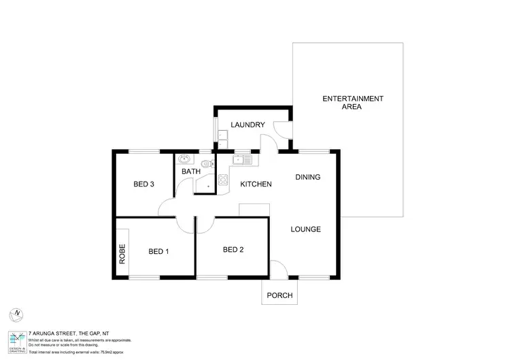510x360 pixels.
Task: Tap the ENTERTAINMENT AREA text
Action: [352, 103]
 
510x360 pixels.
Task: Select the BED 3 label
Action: [143, 184]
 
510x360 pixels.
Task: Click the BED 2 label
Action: [233, 250]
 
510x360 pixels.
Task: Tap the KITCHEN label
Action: [256, 184]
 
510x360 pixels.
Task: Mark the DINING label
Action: [307, 178]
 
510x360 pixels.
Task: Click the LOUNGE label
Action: [306, 229]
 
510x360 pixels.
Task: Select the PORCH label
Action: [280, 295]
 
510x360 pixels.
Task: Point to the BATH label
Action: [190, 171]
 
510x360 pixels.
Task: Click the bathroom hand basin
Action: [184, 160]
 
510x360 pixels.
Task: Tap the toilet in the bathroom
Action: [206, 162]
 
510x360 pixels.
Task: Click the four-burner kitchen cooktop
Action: [222, 180]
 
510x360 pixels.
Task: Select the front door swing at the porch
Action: [278, 269]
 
